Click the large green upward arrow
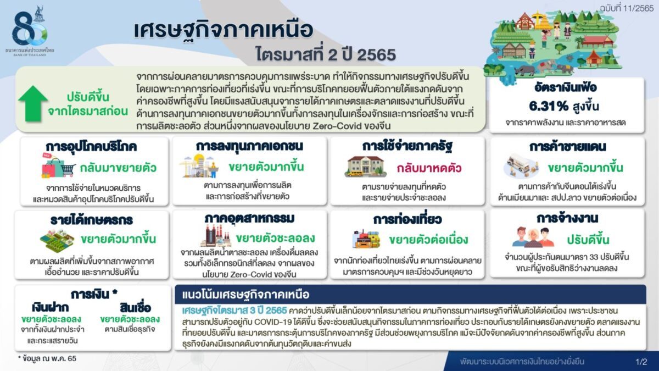(x=33, y=103)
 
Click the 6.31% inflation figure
(x=549, y=106)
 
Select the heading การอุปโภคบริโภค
(x=91, y=146)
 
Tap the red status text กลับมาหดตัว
(x=429, y=168)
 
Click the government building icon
(x=365, y=167)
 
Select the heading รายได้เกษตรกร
(x=92, y=220)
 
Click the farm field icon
(x=57, y=241)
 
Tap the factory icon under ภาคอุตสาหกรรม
(x=215, y=236)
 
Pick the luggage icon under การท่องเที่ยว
(x=366, y=239)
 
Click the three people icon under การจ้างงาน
(x=533, y=237)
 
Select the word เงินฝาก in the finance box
(x=51, y=308)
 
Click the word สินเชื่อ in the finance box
(x=135, y=308)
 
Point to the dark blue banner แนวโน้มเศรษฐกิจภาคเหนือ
(x=410, y=294)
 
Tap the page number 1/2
(x=641, y=362)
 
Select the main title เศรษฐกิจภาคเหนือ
(x=223, y=30)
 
